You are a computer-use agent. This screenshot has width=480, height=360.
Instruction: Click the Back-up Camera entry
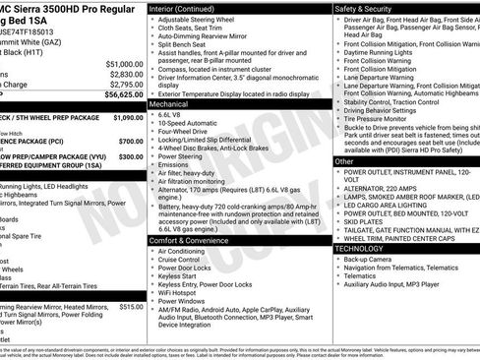point(376,260)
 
